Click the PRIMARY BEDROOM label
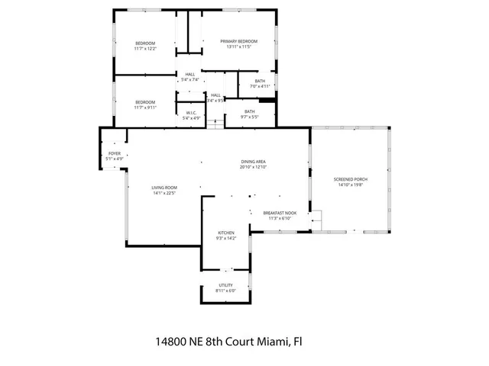[x=238, y=41]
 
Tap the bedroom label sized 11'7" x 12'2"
[x=145, y=43]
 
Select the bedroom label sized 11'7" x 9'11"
[x=145, y=102]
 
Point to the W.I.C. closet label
[x=191, y=114]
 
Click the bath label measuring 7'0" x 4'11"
[x=260, y=81]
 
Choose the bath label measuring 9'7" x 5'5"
[x=250, y=112]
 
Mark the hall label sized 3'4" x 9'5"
[x=215, y=95]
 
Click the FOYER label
[x=115, y=153]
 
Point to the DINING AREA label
[x=253, y=162]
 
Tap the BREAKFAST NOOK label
[x=279, y=213]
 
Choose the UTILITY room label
[x=225, y=285]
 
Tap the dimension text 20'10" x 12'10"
[x=253, y=167]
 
